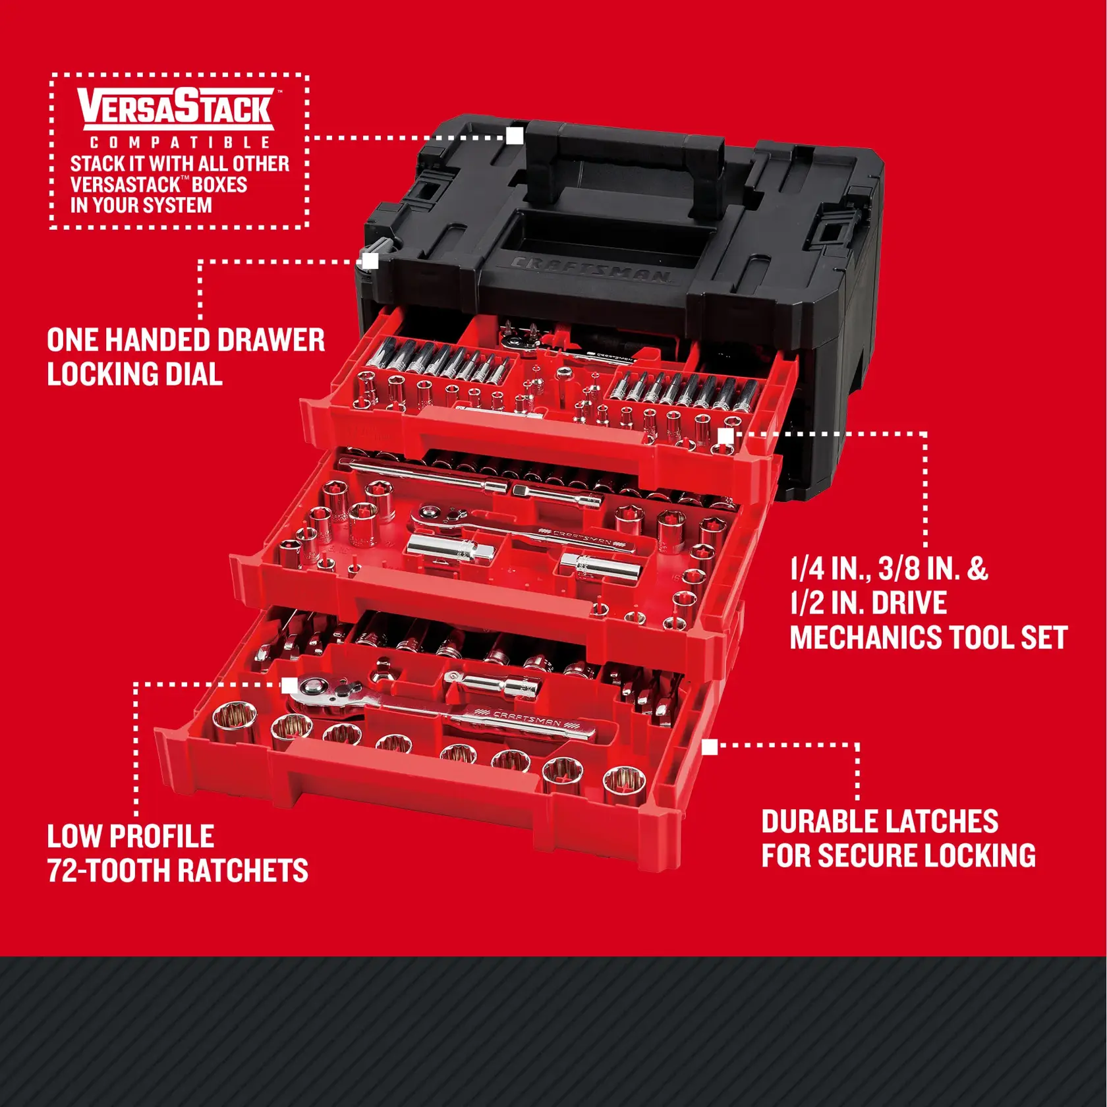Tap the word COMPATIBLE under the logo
click(180, 143)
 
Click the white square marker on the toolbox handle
click(515, 136)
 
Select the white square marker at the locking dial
click(370, 261)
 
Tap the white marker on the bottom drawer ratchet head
click(289, 685)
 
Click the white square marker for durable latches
click(710, 747)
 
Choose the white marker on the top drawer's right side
click(725, 436)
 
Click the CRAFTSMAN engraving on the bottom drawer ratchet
click(527, 718)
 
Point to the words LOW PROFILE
click(130, 836)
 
